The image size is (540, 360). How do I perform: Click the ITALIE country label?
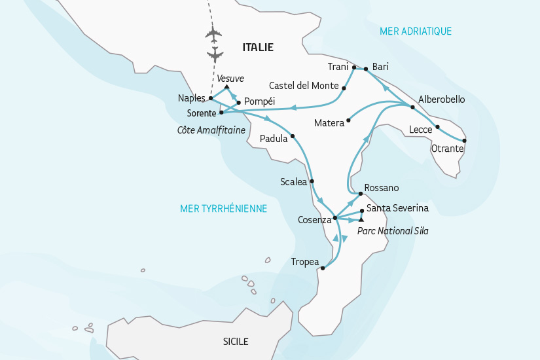click(x=258, y=47)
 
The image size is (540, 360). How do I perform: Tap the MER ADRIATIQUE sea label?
click(x=416, y=31)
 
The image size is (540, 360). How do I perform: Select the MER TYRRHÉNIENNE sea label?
click(x=224, y=208)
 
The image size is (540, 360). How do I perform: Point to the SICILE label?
click(x=236, y=342)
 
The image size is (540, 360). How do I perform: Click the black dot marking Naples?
click(x=211, y=98)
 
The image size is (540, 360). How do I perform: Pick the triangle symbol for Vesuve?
click(x=226, y=86)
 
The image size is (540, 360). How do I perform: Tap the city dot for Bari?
click(x=366, y=67)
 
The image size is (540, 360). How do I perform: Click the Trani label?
click(x=338, y=67)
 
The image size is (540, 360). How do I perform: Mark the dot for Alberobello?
click(x=412, y=107)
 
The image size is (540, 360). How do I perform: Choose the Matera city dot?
click(x=348, y=120)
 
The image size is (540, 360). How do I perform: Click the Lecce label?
click(x=420, y=130)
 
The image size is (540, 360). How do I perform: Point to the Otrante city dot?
click(x=465, y=141)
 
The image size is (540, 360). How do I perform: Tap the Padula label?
click(x=273, y=139)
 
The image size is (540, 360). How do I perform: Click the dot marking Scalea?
click(x=312, y=181)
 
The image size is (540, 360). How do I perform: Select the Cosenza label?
click(x=314, y=220)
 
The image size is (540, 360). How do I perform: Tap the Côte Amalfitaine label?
click(x=211, y=130)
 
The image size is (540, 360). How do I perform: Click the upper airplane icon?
click(x=214, y=33)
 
